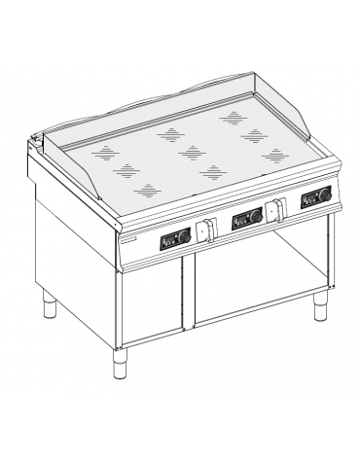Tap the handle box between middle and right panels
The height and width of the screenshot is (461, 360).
coord(277,209)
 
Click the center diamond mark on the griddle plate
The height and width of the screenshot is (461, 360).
coord(192,151)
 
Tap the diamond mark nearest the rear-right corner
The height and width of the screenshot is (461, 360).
coord(234,116)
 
